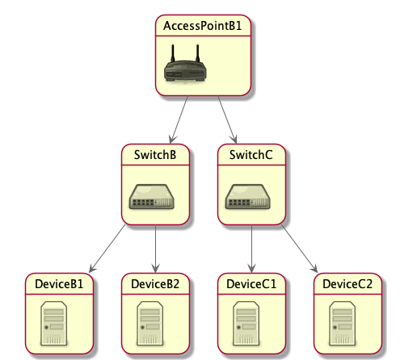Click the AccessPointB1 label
[x=203, y=26]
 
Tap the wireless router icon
[x=185, y=63]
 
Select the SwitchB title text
[x=155, y=155]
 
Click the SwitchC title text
[x=251, y=155]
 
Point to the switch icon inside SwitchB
[x=152, y=197]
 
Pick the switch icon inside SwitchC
[x=247, y=197]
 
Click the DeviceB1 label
[x=59, y=284]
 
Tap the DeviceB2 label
[x=155, y=284]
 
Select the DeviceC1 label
[x=251, y=284]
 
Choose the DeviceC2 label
[x=347, y=284]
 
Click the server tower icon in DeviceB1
[x=54, y=323]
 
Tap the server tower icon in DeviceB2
[x=150, y=323]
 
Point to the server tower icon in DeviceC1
[x=246, y=323]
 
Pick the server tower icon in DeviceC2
[x=342, y=323]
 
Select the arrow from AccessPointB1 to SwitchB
[x=179, y=119]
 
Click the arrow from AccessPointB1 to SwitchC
[x=227, y=119]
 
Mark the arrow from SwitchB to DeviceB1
[x=107, y=249]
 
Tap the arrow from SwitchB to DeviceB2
[x=155, y=249]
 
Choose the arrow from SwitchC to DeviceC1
[x=251, y=249]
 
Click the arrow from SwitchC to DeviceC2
[x=300, y=249]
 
